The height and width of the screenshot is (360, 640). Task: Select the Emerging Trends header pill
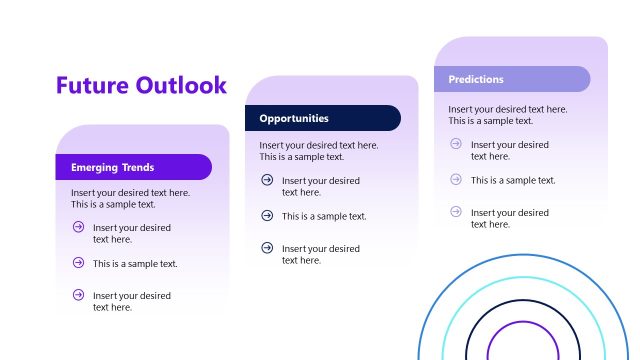[x=133, y=167]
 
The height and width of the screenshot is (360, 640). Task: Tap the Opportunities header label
[x=294, y=118]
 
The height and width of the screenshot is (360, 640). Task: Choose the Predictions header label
[x=476, y=79]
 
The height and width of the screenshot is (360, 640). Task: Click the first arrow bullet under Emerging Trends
[x=78, y=227]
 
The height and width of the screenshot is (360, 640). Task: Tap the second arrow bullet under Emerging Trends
[x=78, y=263]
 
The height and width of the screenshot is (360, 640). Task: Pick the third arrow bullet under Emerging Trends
[x=78, y=295]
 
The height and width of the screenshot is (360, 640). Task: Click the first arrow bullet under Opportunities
[x=267, y=180]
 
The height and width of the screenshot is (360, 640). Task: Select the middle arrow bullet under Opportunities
[x=267, y=215]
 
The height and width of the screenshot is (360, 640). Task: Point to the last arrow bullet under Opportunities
[x=267, y=248]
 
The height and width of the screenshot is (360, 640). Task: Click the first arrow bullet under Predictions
[x=456, y=144]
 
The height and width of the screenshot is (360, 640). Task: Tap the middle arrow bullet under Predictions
[x=456, y=179]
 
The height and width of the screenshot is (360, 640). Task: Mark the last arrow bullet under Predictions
[x=456, y=212]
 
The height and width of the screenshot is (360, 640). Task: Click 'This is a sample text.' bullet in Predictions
[x=513, y=180]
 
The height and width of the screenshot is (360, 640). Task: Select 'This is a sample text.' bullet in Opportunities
[x=324, y=216]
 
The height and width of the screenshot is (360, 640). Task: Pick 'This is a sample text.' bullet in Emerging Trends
[x=135, y=264]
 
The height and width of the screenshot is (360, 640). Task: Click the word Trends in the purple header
[x=137, y=167]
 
